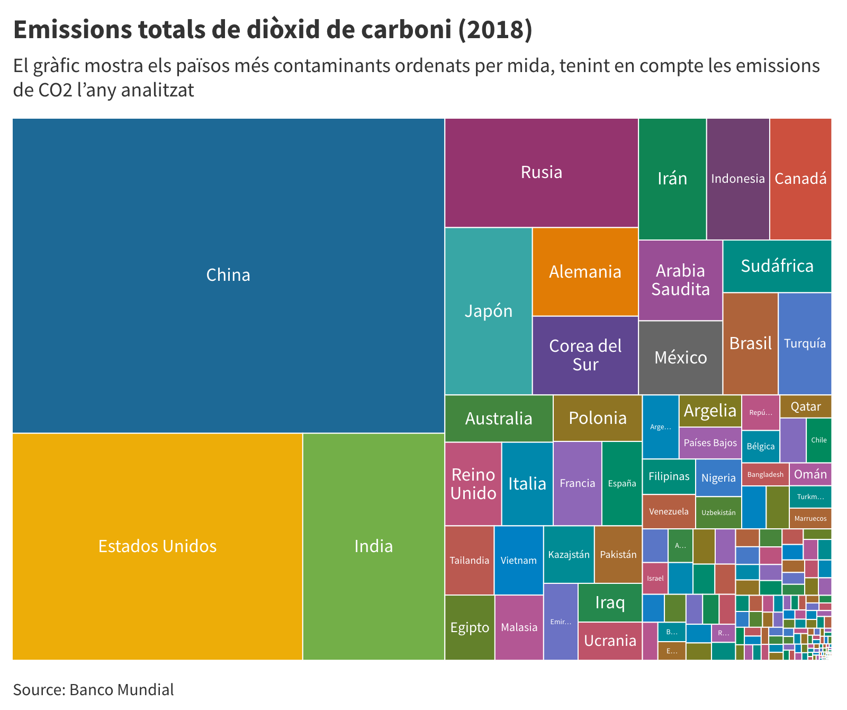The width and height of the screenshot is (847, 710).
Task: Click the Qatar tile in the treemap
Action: coord(805,406)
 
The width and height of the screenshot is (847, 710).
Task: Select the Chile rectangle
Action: coord(818,440)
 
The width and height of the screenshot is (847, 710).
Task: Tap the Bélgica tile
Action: coord(760,446)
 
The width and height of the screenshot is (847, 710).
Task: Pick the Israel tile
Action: coord(655,578)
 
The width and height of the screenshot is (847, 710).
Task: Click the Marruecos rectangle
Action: coord(810,518)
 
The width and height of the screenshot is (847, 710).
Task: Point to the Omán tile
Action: coord(810,474)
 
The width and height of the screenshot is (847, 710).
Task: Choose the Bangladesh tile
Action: coord(765,474)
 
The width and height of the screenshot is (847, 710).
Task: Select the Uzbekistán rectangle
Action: coord(718,512)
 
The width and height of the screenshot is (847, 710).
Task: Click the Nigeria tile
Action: coord(718,478)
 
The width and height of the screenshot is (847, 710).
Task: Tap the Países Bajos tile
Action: coord(710,443)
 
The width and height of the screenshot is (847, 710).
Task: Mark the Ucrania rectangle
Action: coord(610,641)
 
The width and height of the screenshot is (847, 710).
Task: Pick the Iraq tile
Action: coord(610,602)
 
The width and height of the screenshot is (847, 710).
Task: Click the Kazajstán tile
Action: coord(569,554)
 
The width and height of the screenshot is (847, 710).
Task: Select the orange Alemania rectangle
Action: coord(585,272)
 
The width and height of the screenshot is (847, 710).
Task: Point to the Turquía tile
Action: coord(805,343)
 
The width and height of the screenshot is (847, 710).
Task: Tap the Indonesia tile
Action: coord(737,179)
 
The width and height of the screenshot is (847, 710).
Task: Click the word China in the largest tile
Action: coord(228,275)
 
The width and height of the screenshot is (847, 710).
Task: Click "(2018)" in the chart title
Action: coord(495,30)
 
